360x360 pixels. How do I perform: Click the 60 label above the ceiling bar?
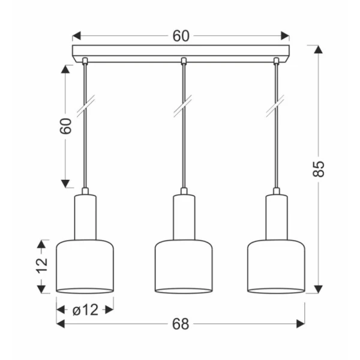(x=181, y=36)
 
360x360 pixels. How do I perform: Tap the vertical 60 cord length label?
(x=65, y=126)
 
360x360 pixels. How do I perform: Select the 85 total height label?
(x=319, y=169)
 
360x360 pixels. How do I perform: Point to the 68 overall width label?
(x=181, y=324)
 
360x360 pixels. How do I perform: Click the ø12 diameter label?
(x=85, y=310)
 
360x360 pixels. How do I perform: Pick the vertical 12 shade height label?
(x=42, y=266)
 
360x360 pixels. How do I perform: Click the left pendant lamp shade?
(x=85, y=266)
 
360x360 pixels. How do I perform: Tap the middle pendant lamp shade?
(x=184, y=266)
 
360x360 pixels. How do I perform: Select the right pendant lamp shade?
(x=276, y=266)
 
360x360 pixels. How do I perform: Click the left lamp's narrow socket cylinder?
(x=85, y=217)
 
